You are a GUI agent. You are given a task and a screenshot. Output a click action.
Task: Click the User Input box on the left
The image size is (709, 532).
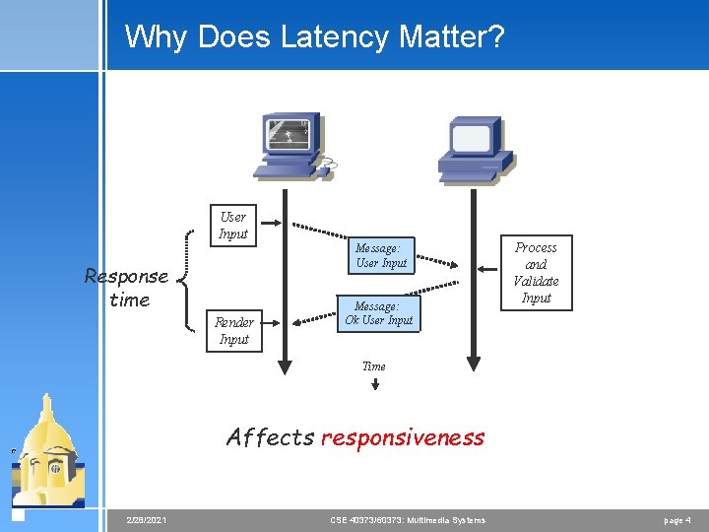point(233,225)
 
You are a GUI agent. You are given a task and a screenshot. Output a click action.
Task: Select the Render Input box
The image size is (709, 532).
point(233,330)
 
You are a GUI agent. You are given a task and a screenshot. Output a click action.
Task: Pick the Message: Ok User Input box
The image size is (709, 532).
point(379,313)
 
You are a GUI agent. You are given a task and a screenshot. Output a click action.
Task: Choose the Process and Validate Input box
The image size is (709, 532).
point(536,272)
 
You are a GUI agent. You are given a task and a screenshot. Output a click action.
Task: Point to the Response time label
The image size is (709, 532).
point(127,288)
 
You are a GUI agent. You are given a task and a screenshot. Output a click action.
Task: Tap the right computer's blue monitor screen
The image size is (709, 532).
point(471,141)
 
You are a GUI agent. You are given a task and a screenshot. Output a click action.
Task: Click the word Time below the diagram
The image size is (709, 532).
point(374,366)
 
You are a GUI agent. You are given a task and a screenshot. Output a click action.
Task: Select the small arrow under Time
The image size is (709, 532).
point(374,383)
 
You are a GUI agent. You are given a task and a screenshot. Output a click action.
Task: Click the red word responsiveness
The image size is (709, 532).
point(403,437)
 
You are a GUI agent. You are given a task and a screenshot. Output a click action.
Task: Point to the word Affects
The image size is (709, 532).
point(270,437)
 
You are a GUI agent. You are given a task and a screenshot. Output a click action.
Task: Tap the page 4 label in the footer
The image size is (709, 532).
point(677,519)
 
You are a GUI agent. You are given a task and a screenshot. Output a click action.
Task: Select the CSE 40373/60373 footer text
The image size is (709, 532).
point(407,519)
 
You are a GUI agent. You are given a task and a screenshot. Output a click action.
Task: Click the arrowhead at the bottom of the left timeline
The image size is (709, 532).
point(285,368)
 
